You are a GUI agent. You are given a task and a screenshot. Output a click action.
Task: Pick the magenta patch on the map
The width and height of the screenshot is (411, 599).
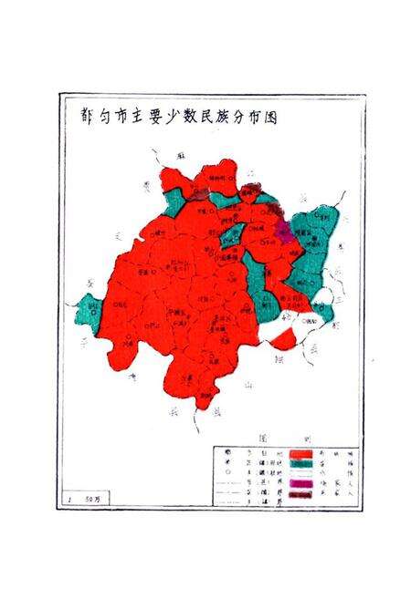tap(284, 227)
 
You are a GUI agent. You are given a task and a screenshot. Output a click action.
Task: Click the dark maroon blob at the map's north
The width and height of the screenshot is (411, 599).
tap(248, 190)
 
